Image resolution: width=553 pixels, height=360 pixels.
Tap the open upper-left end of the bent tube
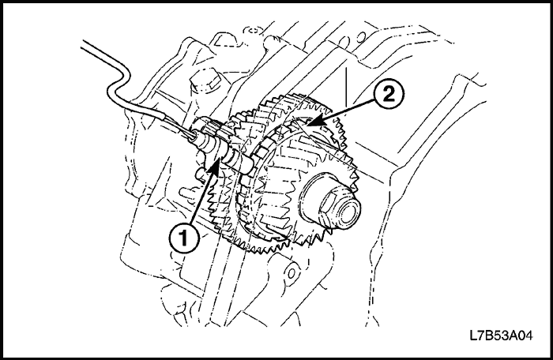80,48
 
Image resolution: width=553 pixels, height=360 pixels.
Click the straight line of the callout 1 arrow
199,197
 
